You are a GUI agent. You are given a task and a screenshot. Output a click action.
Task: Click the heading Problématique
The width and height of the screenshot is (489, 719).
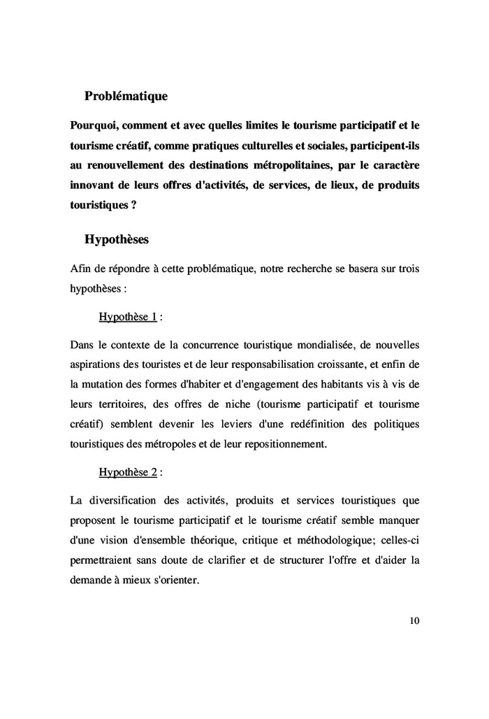coord(126,95)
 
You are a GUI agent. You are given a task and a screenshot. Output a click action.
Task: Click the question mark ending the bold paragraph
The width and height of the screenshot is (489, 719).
coord(133,207)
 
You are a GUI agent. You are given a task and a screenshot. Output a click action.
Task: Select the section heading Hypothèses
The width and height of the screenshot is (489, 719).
coord(116,239)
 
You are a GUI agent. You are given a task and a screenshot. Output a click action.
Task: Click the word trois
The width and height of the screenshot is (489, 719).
coord(405,269)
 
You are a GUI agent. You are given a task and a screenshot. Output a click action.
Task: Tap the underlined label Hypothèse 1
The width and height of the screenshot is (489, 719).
coord(128,317)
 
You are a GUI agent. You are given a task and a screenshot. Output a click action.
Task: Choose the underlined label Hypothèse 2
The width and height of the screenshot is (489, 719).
coord(128,472)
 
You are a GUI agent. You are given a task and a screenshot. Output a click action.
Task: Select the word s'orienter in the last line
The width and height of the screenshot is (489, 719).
coord(174,580)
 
